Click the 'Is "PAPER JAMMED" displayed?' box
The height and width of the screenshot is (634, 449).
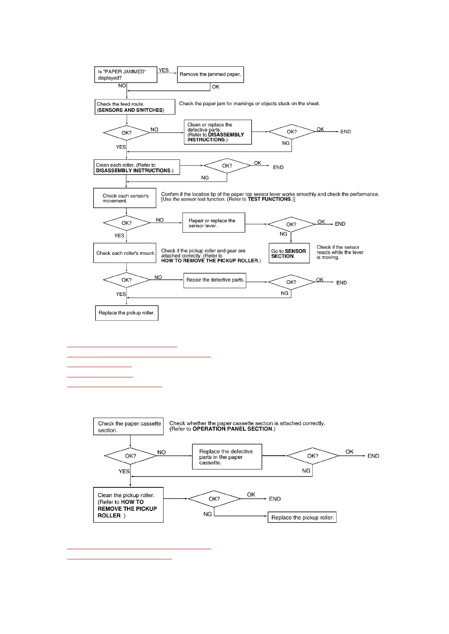pyautogui.click(x=125, y=75)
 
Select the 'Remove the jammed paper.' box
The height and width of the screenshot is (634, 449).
pyautogui.click(x=210, y=74)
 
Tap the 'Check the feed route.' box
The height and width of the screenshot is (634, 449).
pyautogui.click(x=135, y=107)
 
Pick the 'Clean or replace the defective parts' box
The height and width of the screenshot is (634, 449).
pyautogui.click(x=218, y=132)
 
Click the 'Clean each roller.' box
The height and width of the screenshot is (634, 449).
pyautogui.click(x=137, y=167)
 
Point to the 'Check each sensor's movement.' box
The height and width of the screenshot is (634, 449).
pyautogui.click(x=125, y=198)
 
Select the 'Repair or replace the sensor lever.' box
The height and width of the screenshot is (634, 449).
pyautogui.click(x=214, y=223)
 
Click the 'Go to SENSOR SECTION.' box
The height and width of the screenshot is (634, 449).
pyautogui.click(x=289, y=253)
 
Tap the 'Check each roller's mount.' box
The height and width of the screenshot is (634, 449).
pyautogui.click(x=125, y=253)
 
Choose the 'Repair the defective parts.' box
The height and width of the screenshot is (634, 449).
pyautogui.click(x=215, y=280)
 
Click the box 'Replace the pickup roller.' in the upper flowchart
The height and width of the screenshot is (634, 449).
pyautogui.click(x=126, y=313)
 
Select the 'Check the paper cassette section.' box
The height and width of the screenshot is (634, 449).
pyautogui.click(x=128, y=427)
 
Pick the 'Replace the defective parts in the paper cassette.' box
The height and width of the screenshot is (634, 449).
pyautogui.click(x=227, y=457)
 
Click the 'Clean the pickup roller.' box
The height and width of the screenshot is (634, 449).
pyautogui.click(x=128, y=505)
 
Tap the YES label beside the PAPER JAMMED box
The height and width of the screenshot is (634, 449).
pyautogui.click(x=164, y=70)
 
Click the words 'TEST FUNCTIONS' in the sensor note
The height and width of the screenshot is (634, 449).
pyautogui.click(x=269, y=199)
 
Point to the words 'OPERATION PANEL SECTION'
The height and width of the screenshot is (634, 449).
pyautogui.click(x=232, y=429)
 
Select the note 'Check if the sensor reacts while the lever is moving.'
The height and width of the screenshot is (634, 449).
pyautogui.click(x=340, y=253)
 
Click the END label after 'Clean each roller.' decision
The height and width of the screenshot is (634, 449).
pyautogui.click(x=278, y=167)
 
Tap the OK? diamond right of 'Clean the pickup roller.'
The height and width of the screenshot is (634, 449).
pyautogui.click(x=214, y=499)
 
